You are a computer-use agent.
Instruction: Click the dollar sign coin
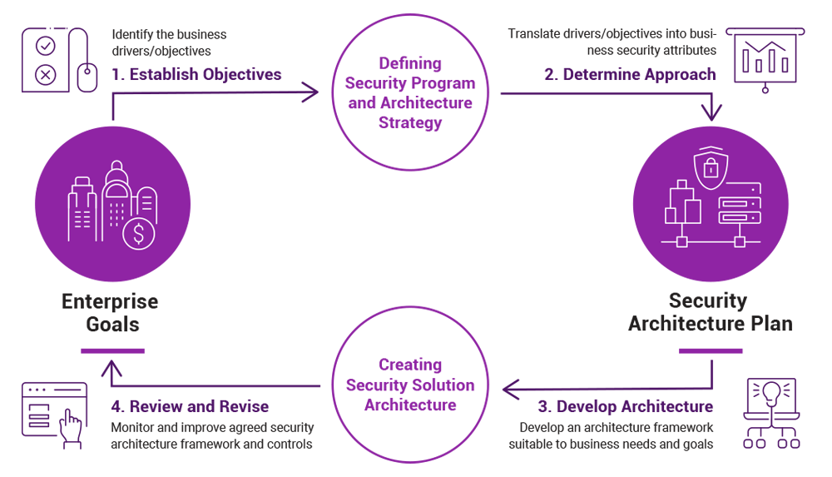click(x=138, y=234)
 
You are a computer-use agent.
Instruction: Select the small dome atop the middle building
click(x=116, y=166)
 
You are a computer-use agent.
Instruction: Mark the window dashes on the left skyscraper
click(x=82, y=219)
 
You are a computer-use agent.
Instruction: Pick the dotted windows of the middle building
click(x=116, y=213)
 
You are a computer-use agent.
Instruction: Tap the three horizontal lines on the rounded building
click(x=146, y=201)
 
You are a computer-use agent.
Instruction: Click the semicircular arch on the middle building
click(x=116, y=190)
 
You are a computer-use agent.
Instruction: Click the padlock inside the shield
click(x=711, y=169)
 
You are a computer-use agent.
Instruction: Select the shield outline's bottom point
click(x=711, y=188)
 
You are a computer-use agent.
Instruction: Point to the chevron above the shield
click(x=711, y=148)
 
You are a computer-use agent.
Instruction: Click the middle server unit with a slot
click(x=739, y=203)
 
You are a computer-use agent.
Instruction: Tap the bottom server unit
click(x=739, y=217)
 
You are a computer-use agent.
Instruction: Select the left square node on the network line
click(x=682, y=242)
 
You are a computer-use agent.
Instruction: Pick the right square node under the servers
click(x=739, y=242)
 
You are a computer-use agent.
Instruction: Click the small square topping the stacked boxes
click(x=682, y=184)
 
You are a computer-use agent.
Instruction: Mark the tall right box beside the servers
click(x=692, y=211)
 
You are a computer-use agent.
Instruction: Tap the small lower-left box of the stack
click(x=671, y=216)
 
